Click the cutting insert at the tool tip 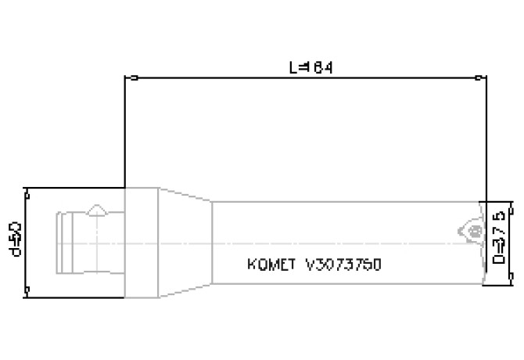click(x=468, y=229)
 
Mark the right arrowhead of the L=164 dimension click(x=479, y=78)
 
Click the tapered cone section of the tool click(x=185, y=243)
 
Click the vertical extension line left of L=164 click(x=125, y=133)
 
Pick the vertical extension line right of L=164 click(x=484, y=141)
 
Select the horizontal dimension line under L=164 click(x=235, y=78)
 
